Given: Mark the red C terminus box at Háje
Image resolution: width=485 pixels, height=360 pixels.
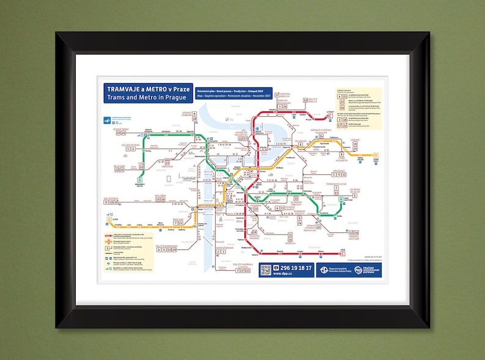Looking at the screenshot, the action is click(x=342, y=254).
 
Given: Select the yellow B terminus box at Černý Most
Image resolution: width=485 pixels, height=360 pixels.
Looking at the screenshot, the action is click(x=376, y=155).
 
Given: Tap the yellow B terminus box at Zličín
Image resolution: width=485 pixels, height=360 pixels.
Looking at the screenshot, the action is click(x=109, y=218).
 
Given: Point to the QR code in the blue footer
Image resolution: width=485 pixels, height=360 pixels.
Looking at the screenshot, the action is click(x=265, y=270).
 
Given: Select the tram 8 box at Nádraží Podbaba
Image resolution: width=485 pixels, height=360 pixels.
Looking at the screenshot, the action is click(x=194, y=114).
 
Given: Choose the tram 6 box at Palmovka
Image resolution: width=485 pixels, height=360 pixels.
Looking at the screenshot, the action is click(x=301, y=145).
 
